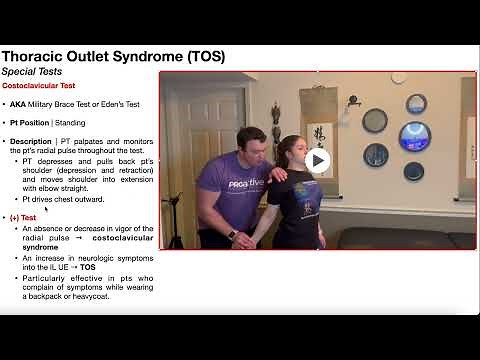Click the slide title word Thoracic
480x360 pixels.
point(44,56)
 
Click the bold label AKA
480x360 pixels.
point(18,104)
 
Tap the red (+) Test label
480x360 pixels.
point(22,216)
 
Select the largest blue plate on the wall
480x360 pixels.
point(414,136)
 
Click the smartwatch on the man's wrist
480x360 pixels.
point(232,234)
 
